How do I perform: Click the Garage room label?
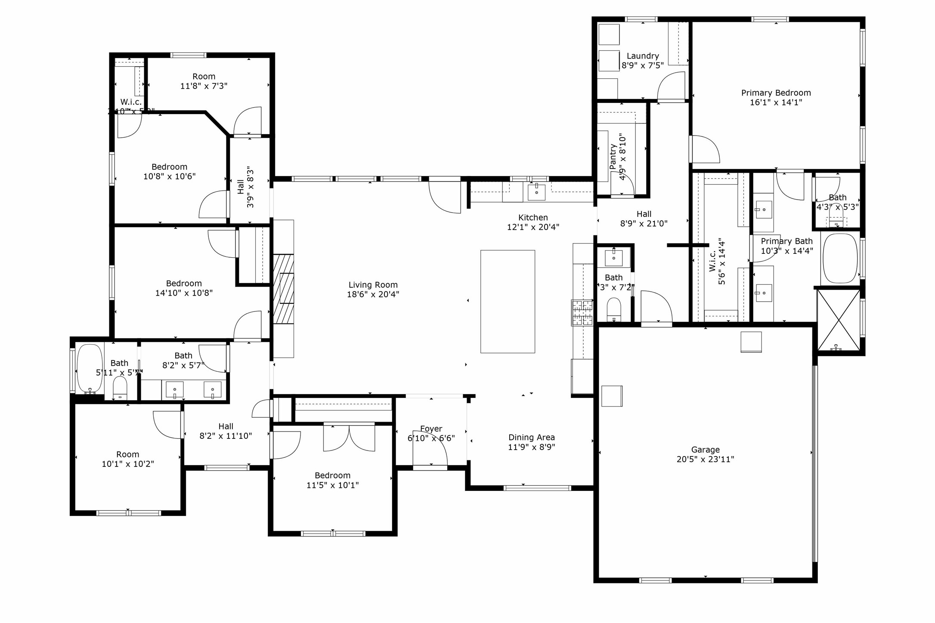[x=705, y=450]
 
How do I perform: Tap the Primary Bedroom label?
[x=776, y=93]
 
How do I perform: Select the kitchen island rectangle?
[x=508, y=301]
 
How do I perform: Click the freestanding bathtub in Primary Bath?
[x=840, y=258]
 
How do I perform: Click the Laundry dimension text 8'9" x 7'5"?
[x=642, y=65]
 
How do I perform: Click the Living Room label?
[x=373, y=285]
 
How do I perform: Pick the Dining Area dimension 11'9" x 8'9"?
[x=531, y=447]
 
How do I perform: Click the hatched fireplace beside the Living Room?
[x=284, y=289]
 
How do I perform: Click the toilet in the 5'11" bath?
[x=120, y=388]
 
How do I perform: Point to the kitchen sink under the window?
[x=536, y=192]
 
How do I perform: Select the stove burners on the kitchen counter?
[x=582, y=312]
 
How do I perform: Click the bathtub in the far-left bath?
[x=90, y=368]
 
